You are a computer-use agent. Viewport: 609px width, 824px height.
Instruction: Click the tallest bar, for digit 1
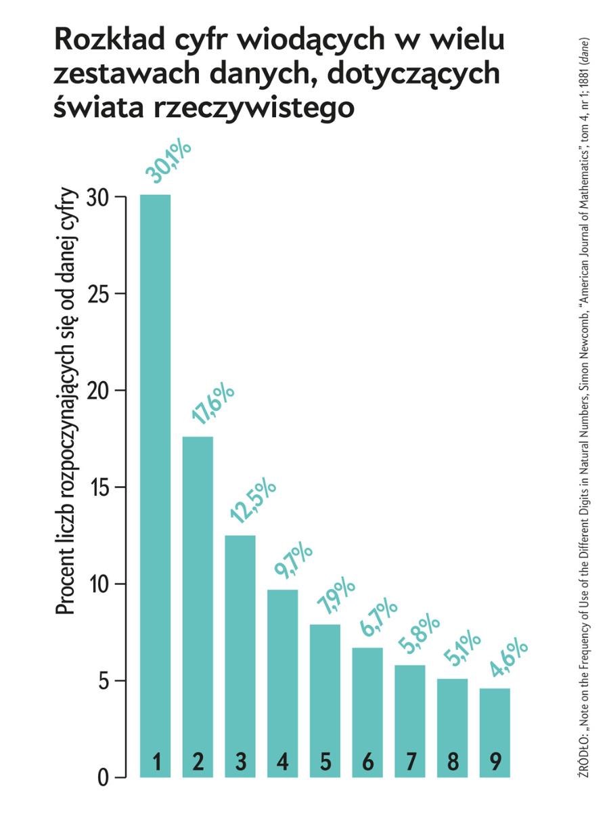click(x=155, y=474)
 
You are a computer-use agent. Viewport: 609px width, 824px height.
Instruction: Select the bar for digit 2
click(x=198, y=596)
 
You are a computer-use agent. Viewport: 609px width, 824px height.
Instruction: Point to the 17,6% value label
click(x=212, y=404)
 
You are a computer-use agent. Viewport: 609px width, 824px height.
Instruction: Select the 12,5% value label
click(x=254, y=502)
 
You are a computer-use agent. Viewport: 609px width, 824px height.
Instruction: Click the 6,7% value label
click(x=378, y=617)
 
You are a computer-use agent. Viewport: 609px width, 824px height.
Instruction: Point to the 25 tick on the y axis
click(x=101, y=294)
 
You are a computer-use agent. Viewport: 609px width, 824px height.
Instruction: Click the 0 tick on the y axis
click(x=102, y=777)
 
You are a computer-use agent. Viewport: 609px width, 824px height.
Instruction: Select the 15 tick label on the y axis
click(x=101, y=487)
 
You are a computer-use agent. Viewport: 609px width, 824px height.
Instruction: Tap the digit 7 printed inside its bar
click(x=410, y=762)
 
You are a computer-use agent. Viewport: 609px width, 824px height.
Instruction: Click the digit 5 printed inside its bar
click(x=325, y=762)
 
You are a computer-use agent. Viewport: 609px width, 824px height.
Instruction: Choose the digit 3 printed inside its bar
click(x=240, y=762)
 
